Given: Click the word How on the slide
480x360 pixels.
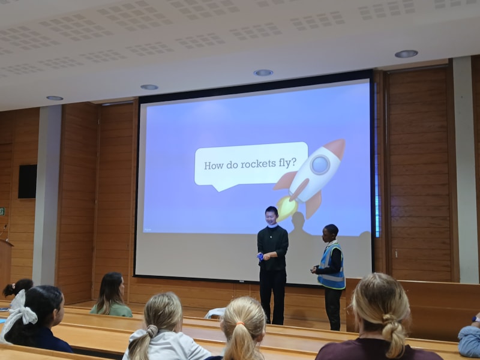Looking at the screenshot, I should coord(214,165).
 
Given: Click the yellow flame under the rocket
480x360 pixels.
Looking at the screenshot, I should coord(286,208).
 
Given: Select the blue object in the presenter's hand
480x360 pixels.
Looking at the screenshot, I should coord(260,256).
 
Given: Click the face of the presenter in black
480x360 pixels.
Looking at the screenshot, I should coord(272,217).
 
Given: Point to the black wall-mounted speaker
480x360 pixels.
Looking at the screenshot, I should coord(27,181).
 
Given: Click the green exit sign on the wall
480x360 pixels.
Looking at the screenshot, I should coord(2,211).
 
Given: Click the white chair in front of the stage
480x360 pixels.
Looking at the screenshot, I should coord(214,313).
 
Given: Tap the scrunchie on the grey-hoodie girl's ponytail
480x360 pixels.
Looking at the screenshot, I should coord(152,331).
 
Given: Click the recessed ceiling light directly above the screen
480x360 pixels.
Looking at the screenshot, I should coord(263,73).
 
